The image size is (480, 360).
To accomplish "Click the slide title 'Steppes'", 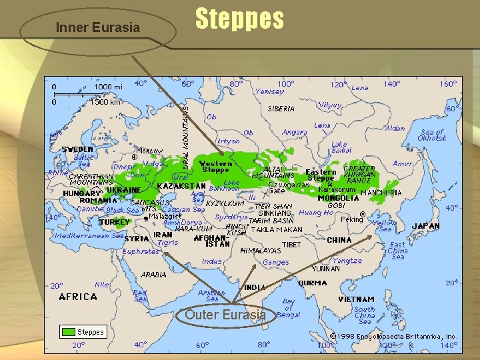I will click(x=239, y=20).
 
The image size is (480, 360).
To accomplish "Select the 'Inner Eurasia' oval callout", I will click(x=98, y=27).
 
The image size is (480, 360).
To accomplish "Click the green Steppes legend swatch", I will click(x=68, y=331).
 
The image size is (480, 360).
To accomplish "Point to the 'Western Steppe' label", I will click(x=216, y=167).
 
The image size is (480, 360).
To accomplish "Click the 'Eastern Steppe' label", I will click(x=321, y=175).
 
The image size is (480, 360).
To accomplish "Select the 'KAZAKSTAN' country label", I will click(x=181, y=186).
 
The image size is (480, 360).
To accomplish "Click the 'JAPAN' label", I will click(x=425, y=226).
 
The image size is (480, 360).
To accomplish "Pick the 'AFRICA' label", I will click(x=78, y=297).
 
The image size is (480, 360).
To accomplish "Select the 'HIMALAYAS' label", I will click(x=260, y=251).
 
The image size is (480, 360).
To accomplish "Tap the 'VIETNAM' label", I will click(x=356, y=299).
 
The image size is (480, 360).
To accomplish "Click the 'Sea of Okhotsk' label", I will click(x=433, y=135).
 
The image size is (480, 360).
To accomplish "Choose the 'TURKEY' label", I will click(x=115, y=222).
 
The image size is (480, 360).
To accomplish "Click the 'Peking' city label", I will click(x=351, y=219).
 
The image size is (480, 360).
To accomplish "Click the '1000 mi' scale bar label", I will click(x=108, y=87).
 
